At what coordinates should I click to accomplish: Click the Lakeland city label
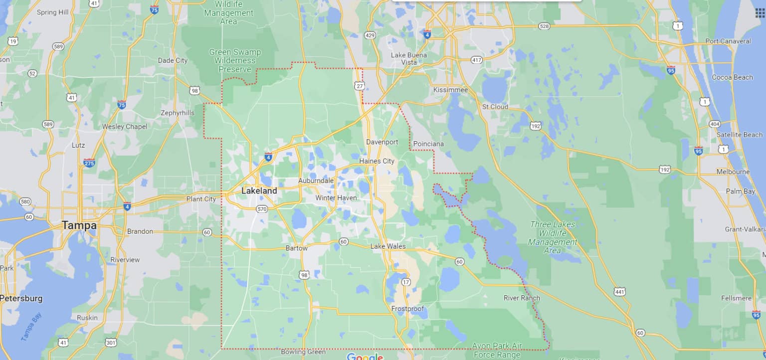(x=259, y=190)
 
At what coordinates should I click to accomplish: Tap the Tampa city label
(x=79, y=225)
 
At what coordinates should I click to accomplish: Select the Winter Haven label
(x=336, y=198)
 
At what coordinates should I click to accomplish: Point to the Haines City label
(x=377, y=161)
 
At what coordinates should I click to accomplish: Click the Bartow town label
(x=296, y=248)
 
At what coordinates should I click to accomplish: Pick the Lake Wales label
(x=388, y=246)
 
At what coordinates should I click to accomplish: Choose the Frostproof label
(x=407, y=309)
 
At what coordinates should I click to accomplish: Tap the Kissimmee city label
(x=450, y=90)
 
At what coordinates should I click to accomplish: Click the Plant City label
(x=201, y=199)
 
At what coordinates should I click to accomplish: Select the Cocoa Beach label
(x=732, y=77)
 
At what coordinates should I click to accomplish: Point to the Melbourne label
(x=733, y=172)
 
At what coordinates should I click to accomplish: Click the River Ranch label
(x=522, y=298)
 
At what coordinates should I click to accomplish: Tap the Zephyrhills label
(x=177, y=113)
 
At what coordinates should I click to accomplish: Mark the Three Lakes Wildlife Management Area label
(x=552, y=237)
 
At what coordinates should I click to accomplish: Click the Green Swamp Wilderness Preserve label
(x=234, y=60)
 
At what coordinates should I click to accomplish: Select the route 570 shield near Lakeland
(x=262, y=209)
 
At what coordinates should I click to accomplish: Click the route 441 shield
(x=620, y=292)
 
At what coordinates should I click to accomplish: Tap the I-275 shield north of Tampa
(x=89, y=163)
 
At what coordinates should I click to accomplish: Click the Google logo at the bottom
(x=365, y=356)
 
